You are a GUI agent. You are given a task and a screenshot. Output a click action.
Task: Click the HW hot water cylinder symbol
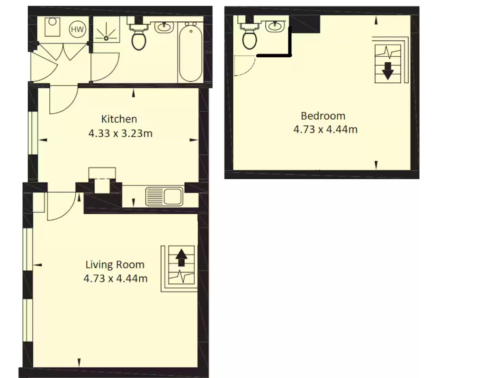coord(77,29)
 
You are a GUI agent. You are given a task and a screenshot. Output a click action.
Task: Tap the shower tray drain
coord(106,38)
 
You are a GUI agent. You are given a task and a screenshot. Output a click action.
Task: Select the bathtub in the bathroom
coord(190,52)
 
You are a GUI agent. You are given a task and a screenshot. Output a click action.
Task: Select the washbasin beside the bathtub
coord(164,27)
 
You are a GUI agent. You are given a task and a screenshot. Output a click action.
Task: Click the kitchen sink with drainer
coord(164,196)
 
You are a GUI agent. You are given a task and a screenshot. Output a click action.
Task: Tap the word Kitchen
coord(119,119)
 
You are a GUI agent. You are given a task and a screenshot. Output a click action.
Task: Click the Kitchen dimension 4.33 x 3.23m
coord(120,133)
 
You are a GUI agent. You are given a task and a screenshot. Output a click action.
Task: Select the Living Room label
coord(115,264)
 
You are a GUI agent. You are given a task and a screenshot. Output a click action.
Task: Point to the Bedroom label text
coord(323,116)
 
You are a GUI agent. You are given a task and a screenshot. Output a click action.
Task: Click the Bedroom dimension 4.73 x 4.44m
coord(325,129)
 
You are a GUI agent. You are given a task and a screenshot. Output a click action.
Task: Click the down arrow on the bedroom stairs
coord(387,71)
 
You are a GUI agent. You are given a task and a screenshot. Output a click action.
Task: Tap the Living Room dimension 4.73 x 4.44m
coord(116,279)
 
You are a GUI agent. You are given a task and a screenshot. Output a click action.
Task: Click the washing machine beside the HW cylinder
coord(52,26)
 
